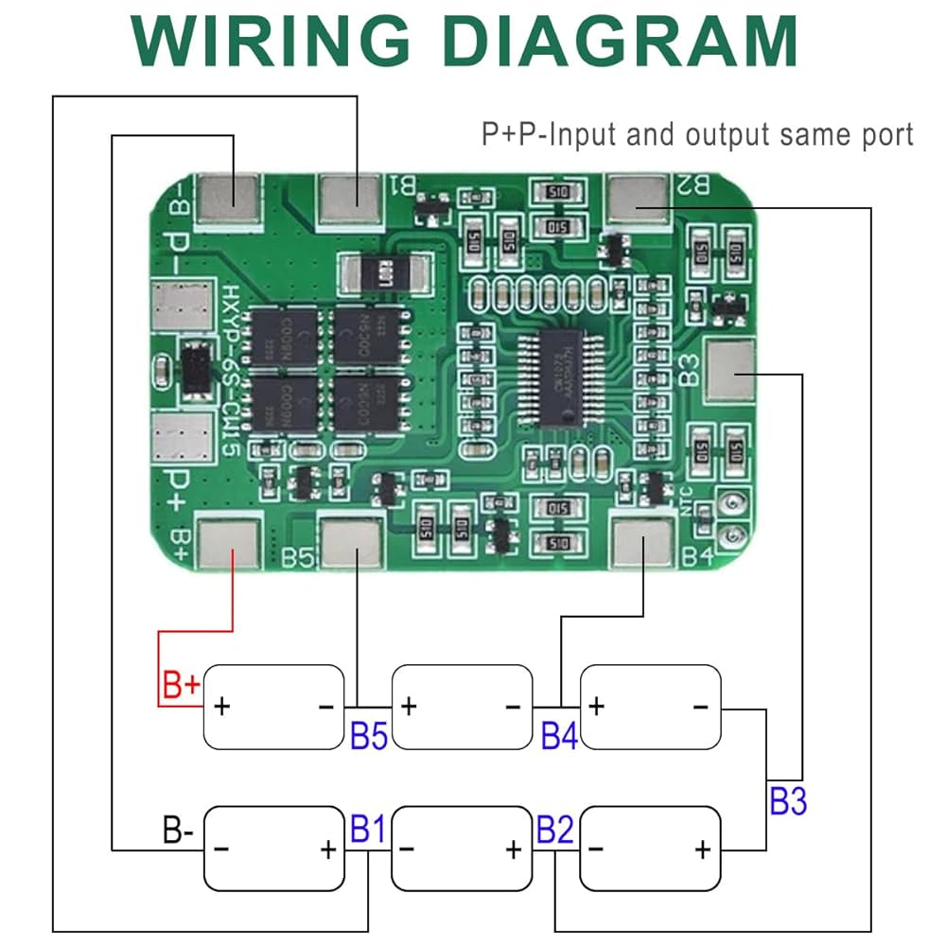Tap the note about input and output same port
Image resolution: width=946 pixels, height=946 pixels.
pos(697,134)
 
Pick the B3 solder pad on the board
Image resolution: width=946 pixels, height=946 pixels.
pos(731,371)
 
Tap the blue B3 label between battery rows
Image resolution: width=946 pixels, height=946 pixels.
pos(787,801)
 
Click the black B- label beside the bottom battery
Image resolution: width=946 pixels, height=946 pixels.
pos(178,832)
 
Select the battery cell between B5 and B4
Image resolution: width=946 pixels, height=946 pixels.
pos(463,707)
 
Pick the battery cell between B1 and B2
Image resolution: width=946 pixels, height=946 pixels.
pos(463,849)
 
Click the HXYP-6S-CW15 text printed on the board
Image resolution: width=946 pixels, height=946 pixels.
pos(230,369)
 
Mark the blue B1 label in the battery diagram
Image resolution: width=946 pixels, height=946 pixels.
pos(368,830)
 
